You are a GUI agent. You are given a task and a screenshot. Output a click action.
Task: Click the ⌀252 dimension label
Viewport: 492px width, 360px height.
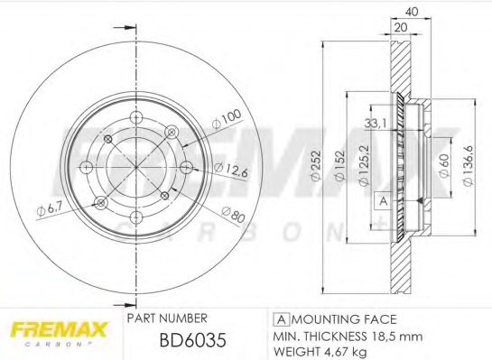tap(316, 165)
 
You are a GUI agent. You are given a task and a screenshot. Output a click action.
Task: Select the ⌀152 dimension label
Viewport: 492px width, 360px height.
tap(339, 165)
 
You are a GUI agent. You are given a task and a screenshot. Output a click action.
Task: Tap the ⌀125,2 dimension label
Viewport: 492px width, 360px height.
tap(364, 165)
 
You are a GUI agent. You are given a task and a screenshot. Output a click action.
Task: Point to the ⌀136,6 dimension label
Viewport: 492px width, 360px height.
tap(468, 165)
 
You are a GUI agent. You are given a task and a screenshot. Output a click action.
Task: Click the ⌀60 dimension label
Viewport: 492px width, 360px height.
tap(444, 165)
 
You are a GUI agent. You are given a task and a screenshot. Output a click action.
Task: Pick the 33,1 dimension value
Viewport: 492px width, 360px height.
tap(375, 124)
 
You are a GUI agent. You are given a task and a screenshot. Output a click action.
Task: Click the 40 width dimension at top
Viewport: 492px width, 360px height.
tap(412, 12)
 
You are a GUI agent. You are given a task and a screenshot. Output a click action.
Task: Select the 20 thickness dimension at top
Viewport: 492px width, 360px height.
tap(401, 27)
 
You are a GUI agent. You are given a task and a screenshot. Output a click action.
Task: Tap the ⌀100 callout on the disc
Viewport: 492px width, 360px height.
tap(227, 118)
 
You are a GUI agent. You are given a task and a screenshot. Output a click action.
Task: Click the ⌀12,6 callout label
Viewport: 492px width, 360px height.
tap(231, 170)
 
